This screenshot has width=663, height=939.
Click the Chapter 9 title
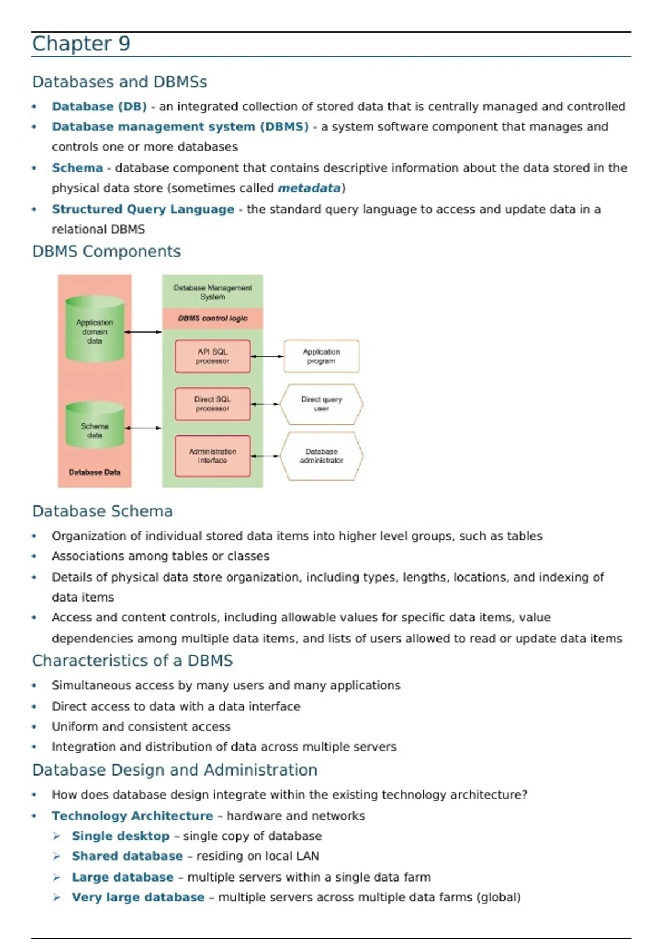pos(81,44)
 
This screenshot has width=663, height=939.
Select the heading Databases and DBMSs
pos(119,82)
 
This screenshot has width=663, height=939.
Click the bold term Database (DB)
pos(99,107)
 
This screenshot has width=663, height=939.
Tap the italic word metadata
pos(309,188)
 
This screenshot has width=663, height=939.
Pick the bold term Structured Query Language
pos(143,209)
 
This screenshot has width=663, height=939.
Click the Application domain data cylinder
pos(94,330)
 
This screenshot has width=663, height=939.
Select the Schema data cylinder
pos(94,426)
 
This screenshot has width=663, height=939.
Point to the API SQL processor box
pos(213,356)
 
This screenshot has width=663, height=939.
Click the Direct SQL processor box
pos(213,404)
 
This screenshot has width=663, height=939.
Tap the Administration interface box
pos(213,456)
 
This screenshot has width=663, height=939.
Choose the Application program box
pos(321,356)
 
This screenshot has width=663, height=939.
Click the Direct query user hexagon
pos(321,404)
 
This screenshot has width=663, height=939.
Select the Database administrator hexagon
pos(321,456)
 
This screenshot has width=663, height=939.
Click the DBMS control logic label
pos(213,319)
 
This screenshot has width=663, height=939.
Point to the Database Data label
pos(94,472)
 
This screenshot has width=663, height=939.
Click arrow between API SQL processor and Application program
pos(267,356)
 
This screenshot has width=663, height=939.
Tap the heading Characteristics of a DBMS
pos(132,661)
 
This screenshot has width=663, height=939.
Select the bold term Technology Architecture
pos(132,816)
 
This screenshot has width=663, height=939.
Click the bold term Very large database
pos(138,898)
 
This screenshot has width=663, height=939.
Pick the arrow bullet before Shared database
pos(56,856)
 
